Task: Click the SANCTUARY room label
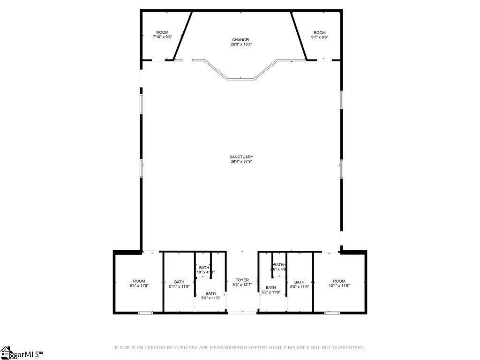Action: pyautogui.click(x=241, y=157)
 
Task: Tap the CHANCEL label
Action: pyautogui.click(x=241, y=40)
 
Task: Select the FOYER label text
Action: pyautogui.click(x=242, y=280)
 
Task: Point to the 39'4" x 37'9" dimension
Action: pyautogui.click(x=241, y=162)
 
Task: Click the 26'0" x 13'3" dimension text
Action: pyautogui.click(x=241, y=45)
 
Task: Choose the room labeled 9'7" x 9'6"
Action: pyautogui.click(x=319, y=35)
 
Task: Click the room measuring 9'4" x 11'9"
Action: pyautogui.click(x=139, y=283)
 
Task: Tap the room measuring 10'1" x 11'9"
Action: pyautogui.click(x=339, y=283)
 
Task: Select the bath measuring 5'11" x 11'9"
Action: pyautogui.click(x=179, y=284)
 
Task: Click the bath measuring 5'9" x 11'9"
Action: pyautogui.click(x=210, y=295)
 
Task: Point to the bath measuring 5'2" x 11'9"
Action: pyautogui.click(x=271, y=290)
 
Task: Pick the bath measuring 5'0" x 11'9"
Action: pyautogui.click(x=300, y=284)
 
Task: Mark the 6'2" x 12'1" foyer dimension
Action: pyautogui.click(x=242, y=285)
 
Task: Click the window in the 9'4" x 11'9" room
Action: pyautogui.click(x=145, y=313)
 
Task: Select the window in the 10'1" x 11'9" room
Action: pyautogui.click(x=332, y=313)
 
